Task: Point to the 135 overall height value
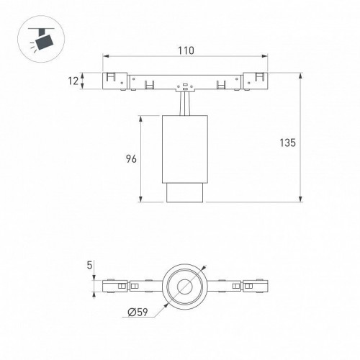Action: coord(288,142)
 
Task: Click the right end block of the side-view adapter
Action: coord(256,81)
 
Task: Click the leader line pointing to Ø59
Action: coord(162,305)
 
